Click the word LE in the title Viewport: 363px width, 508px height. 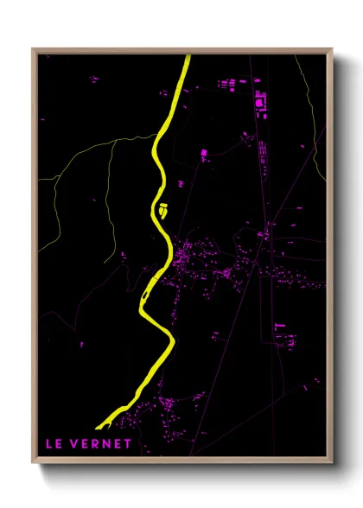click(x=54, y=445)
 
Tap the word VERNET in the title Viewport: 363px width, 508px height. click(x=104, y=445)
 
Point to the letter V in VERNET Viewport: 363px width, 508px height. click(x=78, y=445)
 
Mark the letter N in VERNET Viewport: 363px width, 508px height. click(x=108, y=445)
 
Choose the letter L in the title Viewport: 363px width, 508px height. click(x=50, y=445)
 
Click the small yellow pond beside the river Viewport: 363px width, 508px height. click(x=162, y=208)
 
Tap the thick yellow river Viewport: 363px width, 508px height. click(x=160, y=164)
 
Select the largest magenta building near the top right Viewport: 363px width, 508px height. click(x=259, y=105)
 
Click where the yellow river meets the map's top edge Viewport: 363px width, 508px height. click(x=186, y=57)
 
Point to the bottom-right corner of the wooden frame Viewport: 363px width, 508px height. click(x=332, y=462)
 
